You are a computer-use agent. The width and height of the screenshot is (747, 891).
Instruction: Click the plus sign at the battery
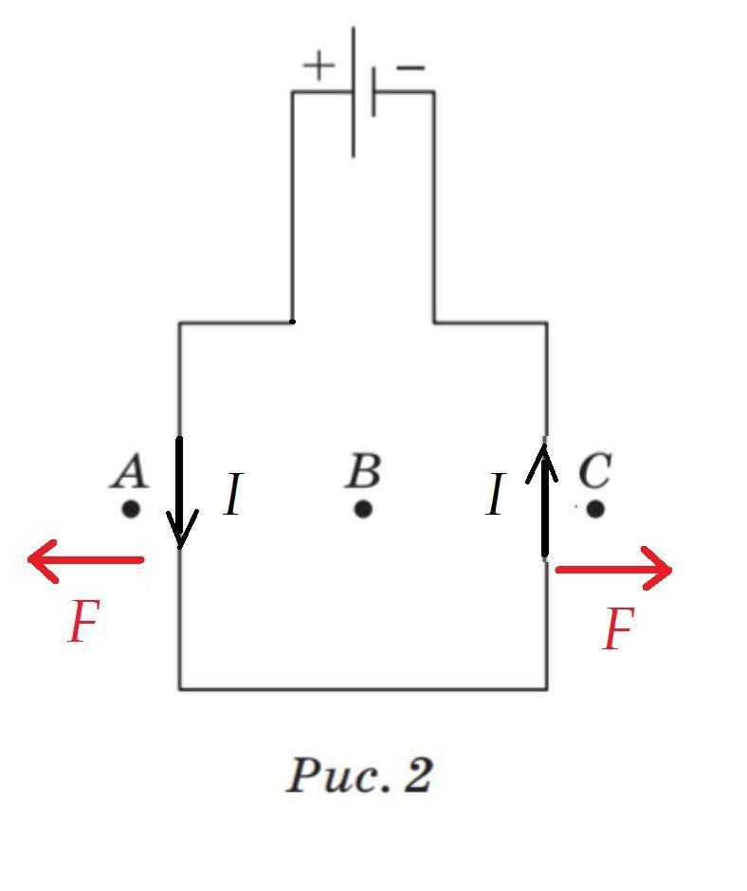click(319, 65)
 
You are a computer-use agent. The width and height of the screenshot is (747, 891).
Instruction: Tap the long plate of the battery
click(354, 92)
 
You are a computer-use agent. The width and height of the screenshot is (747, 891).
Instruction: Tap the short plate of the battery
click(373, 92)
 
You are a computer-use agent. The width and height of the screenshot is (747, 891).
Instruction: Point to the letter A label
click(130, 471)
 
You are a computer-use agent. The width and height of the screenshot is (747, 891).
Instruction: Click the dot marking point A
click(131, 509)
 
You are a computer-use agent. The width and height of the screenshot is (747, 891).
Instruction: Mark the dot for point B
click(363, 509)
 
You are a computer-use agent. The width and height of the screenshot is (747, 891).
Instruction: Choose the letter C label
click(593, 471)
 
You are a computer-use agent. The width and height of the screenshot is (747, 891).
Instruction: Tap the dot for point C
click(595, 509)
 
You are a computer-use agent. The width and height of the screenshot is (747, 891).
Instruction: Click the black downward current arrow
click(180, 493)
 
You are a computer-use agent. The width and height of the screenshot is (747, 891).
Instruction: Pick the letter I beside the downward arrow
click(233, 495)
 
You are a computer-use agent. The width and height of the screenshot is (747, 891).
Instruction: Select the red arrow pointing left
click(85, 559)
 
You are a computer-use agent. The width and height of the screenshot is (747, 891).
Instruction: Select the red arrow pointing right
click(614, 570)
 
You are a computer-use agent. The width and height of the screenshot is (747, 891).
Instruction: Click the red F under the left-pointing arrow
click(83, 623)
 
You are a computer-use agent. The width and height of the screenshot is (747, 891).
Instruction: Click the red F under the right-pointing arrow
click(617, 629)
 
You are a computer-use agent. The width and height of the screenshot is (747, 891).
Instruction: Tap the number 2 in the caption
click(418, 775)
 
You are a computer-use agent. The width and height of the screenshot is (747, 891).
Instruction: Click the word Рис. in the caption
click(338, 775)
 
